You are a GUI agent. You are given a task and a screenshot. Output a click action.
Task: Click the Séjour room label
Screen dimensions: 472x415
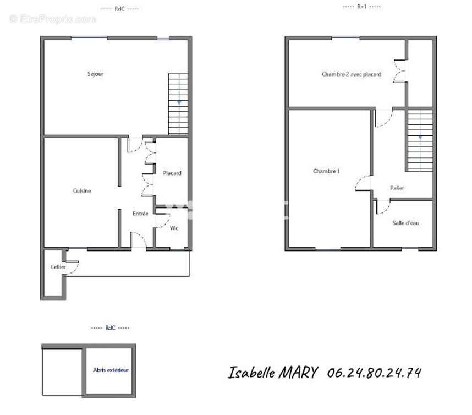95,74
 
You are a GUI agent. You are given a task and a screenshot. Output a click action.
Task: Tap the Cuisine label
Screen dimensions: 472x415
82,190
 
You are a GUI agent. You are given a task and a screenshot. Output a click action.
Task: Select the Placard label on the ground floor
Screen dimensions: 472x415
172,173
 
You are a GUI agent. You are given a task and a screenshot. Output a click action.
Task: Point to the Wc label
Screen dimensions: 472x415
174,228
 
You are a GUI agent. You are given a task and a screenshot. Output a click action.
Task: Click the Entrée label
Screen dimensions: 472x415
140,214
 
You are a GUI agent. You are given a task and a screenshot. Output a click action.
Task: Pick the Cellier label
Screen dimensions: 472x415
58,267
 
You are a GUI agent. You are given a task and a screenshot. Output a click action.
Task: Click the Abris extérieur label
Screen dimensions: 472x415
111,370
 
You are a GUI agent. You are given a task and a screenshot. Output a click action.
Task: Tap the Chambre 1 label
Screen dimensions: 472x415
326,171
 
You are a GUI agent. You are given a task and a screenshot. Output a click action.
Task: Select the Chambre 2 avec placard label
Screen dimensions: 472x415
352,74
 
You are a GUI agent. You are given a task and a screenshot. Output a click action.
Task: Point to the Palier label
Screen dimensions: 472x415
397,188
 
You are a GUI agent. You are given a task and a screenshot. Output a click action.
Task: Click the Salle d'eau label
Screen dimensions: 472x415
405,223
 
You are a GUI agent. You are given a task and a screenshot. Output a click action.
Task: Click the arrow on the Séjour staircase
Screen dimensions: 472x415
179,103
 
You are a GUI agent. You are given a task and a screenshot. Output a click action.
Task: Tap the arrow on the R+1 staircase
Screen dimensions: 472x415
420,138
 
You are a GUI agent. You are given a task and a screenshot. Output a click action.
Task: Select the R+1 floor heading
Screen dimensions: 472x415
362,6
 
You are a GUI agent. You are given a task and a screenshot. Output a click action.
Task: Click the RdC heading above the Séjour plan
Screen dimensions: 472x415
119,9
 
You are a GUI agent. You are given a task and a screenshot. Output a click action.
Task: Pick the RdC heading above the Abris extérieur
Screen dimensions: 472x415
110,327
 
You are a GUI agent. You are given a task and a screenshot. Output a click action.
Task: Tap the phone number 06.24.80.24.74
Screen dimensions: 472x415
374,373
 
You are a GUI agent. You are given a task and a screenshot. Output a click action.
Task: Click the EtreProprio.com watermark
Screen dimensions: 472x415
53,19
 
